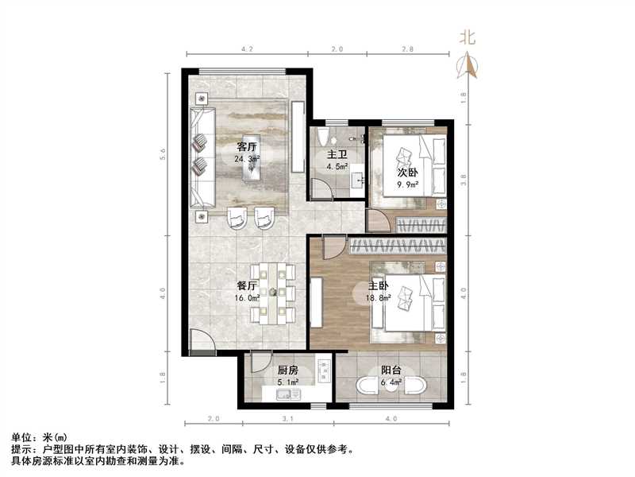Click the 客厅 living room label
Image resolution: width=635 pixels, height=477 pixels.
pyautogui.click(x=247, y=147)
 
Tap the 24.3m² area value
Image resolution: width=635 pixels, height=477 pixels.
pyautogui.click(x=247, y=159)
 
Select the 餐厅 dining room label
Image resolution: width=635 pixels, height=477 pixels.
pyautogui.click(x=246, y=285)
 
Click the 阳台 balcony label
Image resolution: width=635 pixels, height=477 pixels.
pyautogui.click(x=390, y=370)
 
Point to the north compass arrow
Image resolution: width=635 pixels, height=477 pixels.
pyautogui.click(x=469, y=67)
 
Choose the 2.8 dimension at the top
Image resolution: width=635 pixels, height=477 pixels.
pyautogui.click(x=408, y=49)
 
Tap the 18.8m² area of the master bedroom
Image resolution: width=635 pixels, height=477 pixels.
pyautogui.click(x=377, y=298)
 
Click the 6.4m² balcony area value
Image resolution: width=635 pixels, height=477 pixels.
pyautogui.click(x=390, y=382)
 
